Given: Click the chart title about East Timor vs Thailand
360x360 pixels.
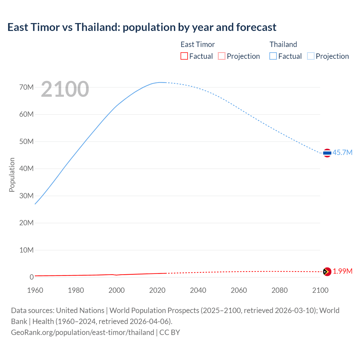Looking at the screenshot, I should (142, 27).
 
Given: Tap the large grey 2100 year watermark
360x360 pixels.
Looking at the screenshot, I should (65, 89).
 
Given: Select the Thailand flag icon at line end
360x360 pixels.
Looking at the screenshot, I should (327, 153).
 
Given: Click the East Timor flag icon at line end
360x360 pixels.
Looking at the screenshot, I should (327, 272).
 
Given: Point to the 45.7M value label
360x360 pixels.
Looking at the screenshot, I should (342, 152).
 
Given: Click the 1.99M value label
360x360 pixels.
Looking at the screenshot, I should (342, 271).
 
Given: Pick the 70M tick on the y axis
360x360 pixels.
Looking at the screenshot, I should (26, 87).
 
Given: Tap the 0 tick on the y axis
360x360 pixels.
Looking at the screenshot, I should (31, 277).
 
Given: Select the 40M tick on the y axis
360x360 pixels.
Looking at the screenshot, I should (26, 168).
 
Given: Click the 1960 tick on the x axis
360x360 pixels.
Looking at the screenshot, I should (35, 290).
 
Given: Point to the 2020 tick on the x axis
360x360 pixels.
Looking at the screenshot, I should (157, 290).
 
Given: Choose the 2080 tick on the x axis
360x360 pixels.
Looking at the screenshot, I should (280, 290).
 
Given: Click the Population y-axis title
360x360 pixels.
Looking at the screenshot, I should (12, 175).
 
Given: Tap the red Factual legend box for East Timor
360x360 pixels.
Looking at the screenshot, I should (184, 56).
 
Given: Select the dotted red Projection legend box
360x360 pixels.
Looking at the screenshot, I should (222, 56).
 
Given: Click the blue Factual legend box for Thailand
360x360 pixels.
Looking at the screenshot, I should (273, 56).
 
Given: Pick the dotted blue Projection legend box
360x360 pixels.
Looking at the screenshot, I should (310, 56).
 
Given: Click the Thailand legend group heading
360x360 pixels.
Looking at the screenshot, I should (283, 44).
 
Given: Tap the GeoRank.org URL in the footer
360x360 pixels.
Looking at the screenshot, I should (82, 332).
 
